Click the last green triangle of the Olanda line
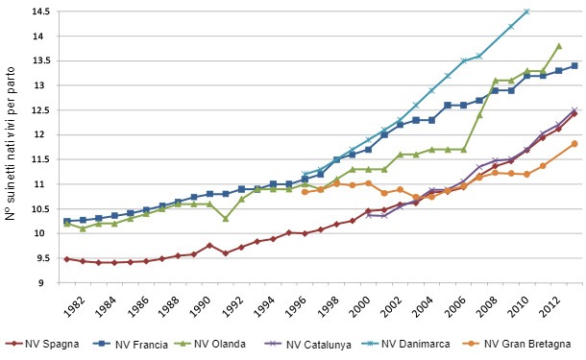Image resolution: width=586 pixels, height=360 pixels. [x=558, y=45]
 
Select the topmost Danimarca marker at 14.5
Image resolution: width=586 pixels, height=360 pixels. [x=526, y=12]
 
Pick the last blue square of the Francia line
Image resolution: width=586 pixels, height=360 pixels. [x=574, y=65]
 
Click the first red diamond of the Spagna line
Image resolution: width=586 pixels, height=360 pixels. [x=66, y=258]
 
